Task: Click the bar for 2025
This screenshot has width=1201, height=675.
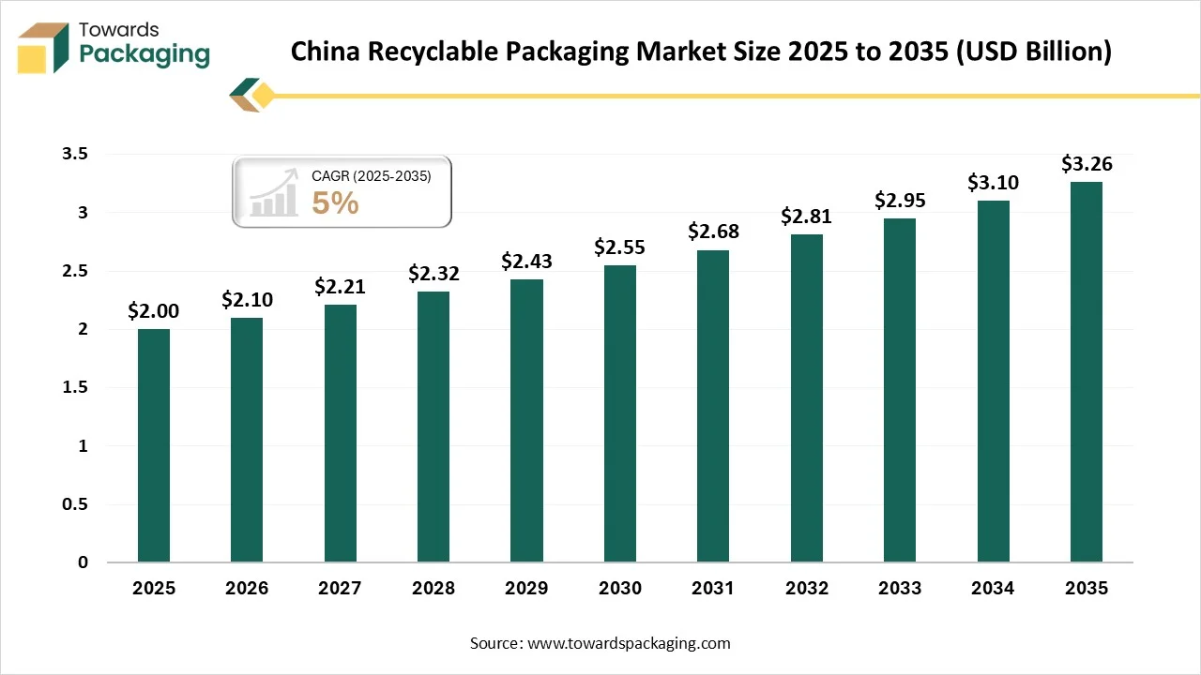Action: [154, 445]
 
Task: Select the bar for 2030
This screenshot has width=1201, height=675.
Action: [620, 413]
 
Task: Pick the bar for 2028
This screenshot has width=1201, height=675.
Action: [433, 427]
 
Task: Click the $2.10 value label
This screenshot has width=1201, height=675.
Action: [247, 299]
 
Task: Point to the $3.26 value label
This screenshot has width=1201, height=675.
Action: [1087, 164]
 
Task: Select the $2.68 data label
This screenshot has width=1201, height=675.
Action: [713, 232]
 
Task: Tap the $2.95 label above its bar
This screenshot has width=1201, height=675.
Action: [900, 200]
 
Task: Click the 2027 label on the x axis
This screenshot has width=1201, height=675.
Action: [340, 589]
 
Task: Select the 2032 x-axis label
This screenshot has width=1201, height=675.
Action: [807, 589]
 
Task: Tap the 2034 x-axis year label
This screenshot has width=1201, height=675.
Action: [993, 589]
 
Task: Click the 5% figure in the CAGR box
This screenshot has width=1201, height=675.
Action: [335, 202]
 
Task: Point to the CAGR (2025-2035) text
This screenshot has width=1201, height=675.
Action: [372, 175]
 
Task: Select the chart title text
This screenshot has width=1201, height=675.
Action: [700, 52]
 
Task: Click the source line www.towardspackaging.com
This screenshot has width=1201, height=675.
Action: [600, 643]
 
